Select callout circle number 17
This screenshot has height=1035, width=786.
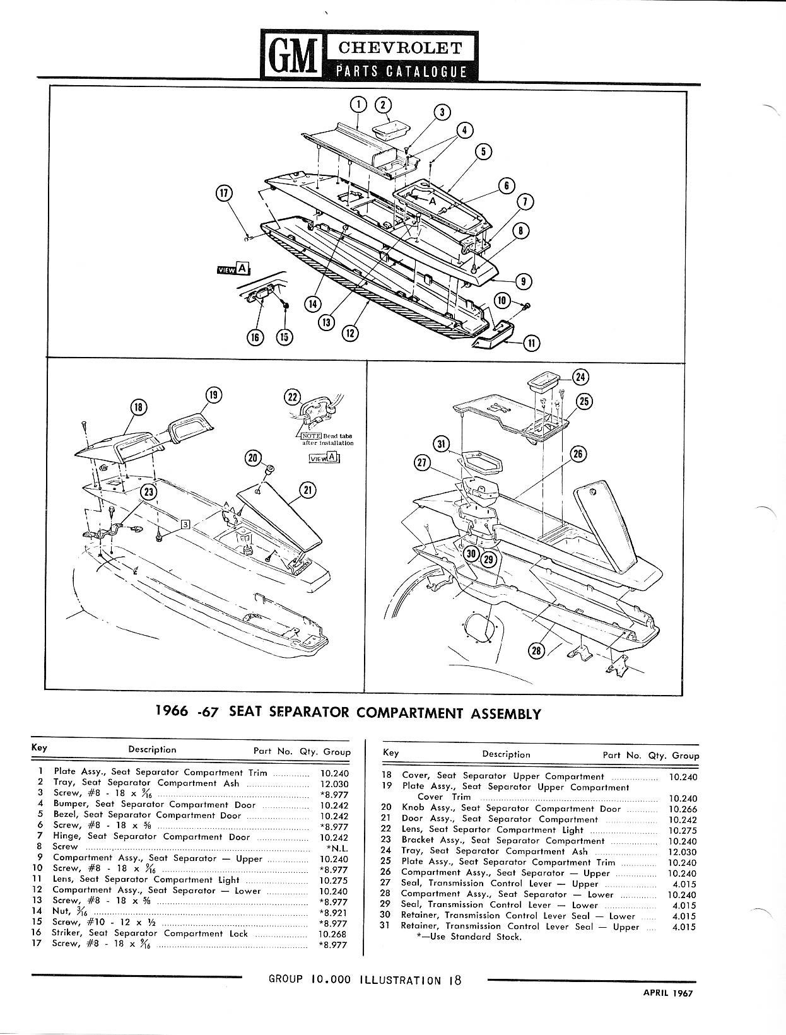(224, 193)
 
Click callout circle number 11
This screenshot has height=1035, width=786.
(534, 343)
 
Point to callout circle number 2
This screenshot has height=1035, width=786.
(383, 105)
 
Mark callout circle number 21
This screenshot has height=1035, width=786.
(308, 489)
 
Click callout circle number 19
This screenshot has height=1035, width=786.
(213, 395)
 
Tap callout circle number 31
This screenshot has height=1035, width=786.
(442, 444)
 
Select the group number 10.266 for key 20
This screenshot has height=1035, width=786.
(682, 809)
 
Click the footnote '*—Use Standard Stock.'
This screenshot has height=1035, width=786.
(469, 937)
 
